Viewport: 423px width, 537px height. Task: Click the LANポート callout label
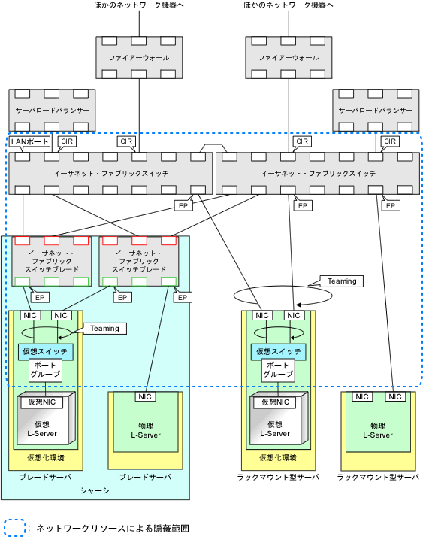(x=29, y=142)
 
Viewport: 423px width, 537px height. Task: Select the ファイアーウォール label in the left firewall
(x=139, y=58)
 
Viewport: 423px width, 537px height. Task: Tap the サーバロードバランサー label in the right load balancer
(x=376, y=111)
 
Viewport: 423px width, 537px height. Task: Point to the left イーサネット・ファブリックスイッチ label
(x=111, y=174)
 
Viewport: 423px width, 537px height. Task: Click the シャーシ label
(x=95, y=491)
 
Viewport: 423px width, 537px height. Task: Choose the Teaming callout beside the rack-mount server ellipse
(x=342, y=281)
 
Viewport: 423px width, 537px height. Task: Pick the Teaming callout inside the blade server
(x=104, y=329)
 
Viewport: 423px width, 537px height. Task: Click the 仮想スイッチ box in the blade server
(x=46, y=352)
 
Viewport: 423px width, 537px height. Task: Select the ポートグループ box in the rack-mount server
(x=278, y=370)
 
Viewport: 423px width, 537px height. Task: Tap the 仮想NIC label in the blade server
(x=42, y=402)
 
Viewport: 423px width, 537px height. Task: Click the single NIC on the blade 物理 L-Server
(x=145, y=396)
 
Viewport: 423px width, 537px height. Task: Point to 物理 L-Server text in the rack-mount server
(x=378, y=430)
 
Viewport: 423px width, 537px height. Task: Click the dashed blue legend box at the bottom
(x=14, y=527)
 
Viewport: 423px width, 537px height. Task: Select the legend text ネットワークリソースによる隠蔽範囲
(x=113, y=529)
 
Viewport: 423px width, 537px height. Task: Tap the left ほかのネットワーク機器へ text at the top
(x=139, y=5)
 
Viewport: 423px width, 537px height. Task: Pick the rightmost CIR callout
(x=390, y=141)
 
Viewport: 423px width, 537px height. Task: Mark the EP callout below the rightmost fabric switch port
(x=391, y=206)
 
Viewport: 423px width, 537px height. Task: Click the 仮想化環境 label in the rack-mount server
(x=278, y=457)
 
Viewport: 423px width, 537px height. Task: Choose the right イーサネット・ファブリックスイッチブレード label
(x=139, y=261)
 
